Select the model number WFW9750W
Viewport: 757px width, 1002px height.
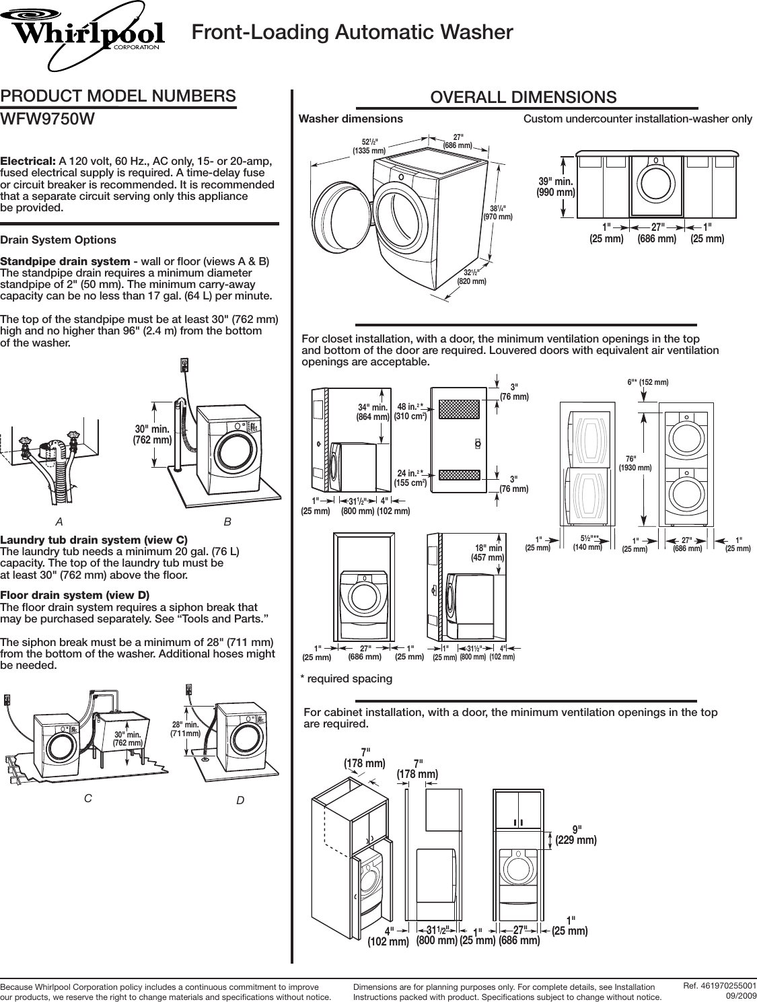[48, 119]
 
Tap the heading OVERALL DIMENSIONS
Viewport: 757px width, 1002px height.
[523, 97]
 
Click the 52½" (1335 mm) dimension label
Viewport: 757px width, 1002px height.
[369, 146]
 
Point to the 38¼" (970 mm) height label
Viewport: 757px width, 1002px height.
[498, 212]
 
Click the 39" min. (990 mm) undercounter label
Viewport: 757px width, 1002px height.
[556, 186]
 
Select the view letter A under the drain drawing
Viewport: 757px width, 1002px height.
[60, 522]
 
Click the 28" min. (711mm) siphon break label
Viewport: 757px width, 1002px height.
[186, 728]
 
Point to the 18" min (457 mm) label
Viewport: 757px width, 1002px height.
[487, 552]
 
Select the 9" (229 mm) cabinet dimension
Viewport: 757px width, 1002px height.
[576, 834]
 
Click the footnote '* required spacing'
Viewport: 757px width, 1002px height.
[345, 678]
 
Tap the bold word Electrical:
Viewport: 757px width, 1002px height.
[28, 162]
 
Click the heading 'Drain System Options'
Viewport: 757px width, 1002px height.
[58, 240]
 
